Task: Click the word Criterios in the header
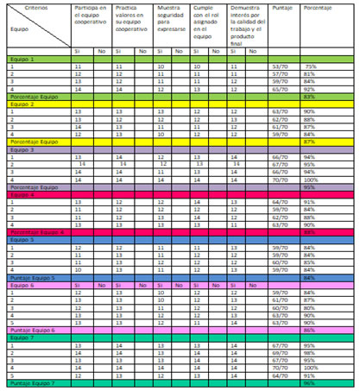click(23, 6)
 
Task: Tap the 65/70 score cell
click(280, 89)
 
